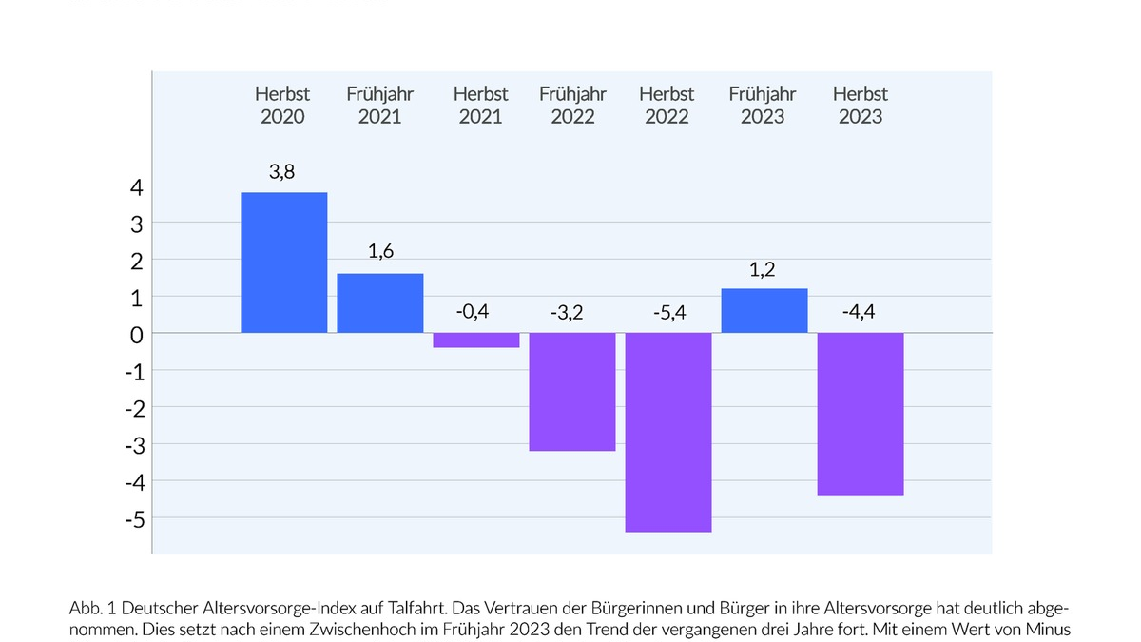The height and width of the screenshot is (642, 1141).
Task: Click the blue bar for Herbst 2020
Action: pos(283,263)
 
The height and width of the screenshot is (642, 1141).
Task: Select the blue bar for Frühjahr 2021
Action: pos(379,302)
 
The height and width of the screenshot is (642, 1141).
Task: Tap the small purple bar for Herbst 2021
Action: pos(475,340)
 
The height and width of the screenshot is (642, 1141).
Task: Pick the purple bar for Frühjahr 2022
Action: pos(571,392)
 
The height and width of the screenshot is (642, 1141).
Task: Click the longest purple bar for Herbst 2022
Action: pos(667,432)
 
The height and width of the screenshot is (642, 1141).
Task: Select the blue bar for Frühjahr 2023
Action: pos(764,310)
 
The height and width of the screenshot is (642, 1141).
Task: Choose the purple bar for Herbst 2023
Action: pos(860,414)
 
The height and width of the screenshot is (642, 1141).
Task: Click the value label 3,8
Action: pos(282,173)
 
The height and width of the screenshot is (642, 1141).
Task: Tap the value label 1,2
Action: pos(763,270)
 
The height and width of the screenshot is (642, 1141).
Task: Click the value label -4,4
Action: pos(859,312)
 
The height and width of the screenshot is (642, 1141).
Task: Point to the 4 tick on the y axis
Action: pos(137,187)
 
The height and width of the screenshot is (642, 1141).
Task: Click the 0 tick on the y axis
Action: pos(137,335)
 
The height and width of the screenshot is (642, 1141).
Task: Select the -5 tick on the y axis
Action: pos(133,519)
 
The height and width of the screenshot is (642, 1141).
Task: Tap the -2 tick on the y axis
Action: pos(133,409)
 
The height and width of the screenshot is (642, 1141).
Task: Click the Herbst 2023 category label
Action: pos(860,106)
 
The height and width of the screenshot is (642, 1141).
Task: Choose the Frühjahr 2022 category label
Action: pos(571,106)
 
